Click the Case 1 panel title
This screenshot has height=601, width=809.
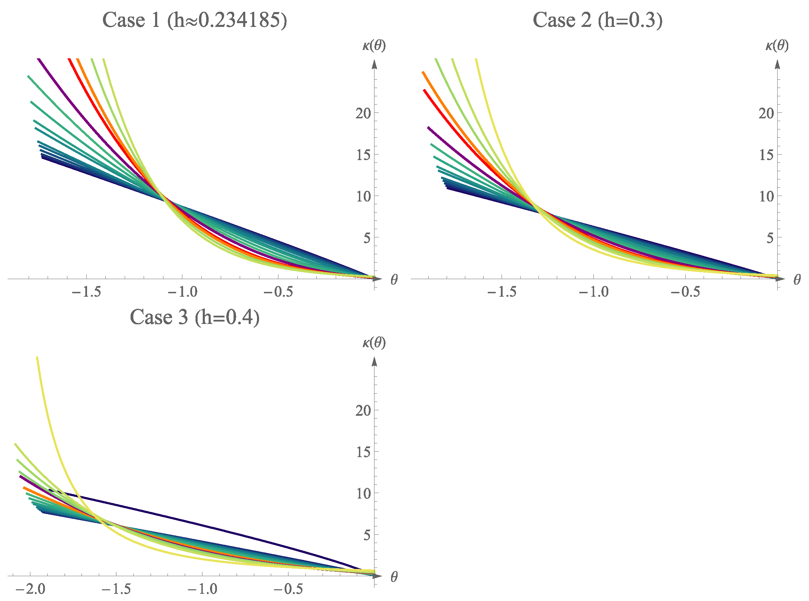point(194,20)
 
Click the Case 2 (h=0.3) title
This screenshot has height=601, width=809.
point(597,20)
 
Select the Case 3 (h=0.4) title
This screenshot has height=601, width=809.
point(194,317)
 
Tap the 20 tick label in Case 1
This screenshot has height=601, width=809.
point(363,114)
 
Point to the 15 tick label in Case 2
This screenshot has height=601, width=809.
point(766,155)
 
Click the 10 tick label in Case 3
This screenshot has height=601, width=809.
point(363,494)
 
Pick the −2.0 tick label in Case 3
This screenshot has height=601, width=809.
point(31,589)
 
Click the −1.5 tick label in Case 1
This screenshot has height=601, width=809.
point(86,292)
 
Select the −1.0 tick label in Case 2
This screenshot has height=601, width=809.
point(593,292)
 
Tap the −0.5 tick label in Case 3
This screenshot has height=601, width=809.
point(288,589)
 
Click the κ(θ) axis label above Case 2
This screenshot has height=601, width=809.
point(777,46)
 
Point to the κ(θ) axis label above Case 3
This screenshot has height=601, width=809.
point(374,343)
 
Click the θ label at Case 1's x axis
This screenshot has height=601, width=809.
point(394,279)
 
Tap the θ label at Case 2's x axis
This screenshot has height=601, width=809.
point(797,279)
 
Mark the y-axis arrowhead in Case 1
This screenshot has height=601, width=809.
point(374,65)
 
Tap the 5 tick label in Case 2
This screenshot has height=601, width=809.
point(769,238)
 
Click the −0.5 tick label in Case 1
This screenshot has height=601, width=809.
point(278,292)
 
